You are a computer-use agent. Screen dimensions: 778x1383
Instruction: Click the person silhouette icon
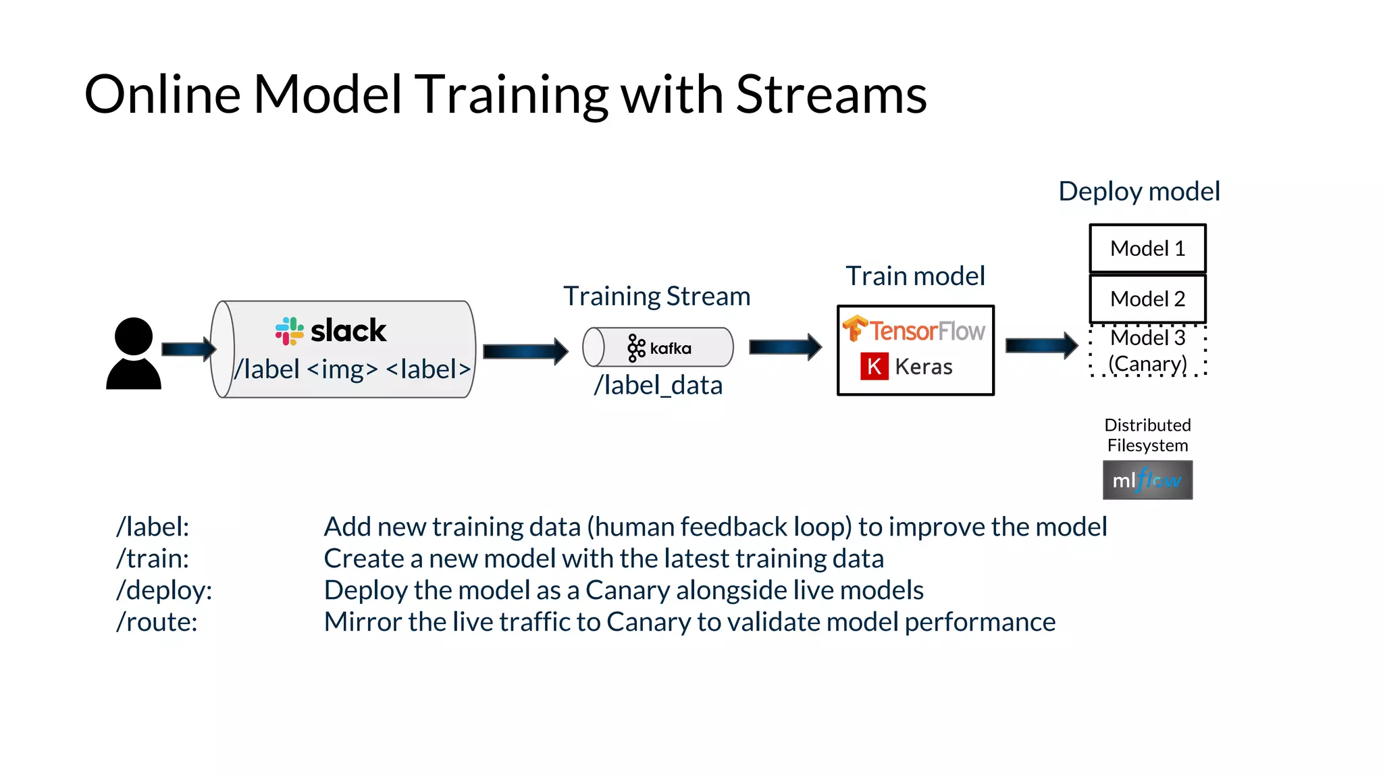coord(134,354)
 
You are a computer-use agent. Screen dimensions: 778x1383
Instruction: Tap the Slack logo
coord(331,331)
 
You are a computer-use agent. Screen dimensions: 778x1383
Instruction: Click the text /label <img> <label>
coord(352,369)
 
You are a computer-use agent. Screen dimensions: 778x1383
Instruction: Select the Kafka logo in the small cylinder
coord(659,348)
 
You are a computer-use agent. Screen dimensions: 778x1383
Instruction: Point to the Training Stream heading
coord(656,296)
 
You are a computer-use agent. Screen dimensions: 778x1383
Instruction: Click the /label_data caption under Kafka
coord(658,386)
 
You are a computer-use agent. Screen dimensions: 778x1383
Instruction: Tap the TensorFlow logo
coord(914,330)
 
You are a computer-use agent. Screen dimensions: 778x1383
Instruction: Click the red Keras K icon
coord(874,367)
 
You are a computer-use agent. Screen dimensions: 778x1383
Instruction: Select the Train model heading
coord(915,276)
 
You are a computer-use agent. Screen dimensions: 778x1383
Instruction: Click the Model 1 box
coord(1147,249)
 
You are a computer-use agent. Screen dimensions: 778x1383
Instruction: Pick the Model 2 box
coord(1147,299)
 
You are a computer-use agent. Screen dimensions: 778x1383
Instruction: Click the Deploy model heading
coord(1139,192)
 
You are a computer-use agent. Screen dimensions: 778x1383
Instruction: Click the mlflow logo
coord(1147,480)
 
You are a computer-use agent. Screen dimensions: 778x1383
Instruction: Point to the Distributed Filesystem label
coord(1147,435)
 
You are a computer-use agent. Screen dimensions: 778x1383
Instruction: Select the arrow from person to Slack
coord(188,349)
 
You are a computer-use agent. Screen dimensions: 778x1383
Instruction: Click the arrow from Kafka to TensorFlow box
coord(785,347)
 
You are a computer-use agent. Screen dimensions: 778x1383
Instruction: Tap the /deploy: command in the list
coord(164,590)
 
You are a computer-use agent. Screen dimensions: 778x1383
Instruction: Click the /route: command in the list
coord(157,622)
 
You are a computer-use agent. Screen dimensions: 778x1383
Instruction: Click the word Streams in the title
coord(831,95)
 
